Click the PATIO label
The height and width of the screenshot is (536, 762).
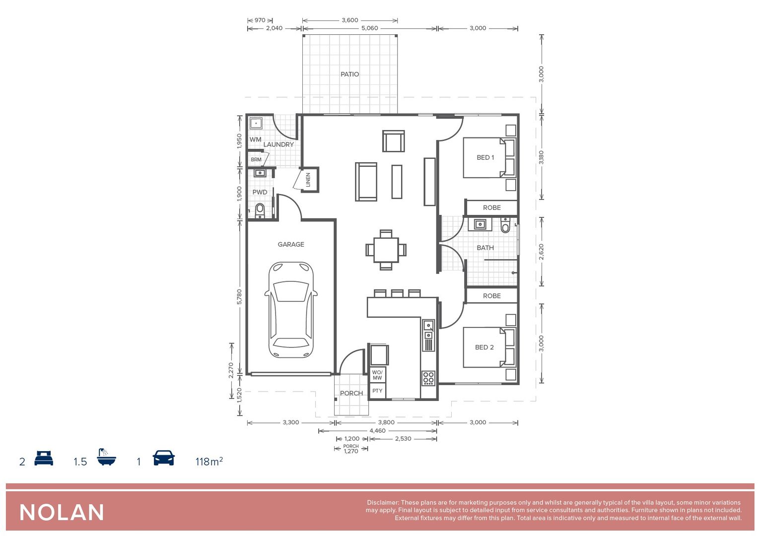tap(349, 74)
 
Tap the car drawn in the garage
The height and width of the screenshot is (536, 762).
tap(291, 310)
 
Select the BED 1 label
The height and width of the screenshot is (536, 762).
tap(485, 158)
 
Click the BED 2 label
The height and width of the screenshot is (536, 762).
tap(484, 347)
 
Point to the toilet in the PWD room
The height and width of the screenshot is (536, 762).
tap(260, 210)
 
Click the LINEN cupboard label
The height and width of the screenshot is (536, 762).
tap(308, 180)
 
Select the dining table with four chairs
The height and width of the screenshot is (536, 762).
tap(386, 250)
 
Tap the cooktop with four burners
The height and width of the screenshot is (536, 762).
tap(428, 378)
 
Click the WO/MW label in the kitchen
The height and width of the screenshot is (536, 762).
tap(377, 375)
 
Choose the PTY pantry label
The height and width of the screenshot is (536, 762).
tap(377, 391)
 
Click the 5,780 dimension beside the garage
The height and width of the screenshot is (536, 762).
tap(239, 297)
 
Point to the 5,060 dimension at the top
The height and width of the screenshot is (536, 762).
tap(369, 28)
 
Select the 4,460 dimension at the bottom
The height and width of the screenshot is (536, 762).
tap(377, 431)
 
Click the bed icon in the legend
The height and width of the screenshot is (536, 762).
tap(44, 458)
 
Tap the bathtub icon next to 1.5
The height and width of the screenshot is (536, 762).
tap(106, 457)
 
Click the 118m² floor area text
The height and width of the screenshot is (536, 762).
tap(209, 462)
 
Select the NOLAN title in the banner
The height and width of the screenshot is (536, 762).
tap(62, 513)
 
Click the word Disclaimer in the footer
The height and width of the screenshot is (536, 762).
tap(382, 503)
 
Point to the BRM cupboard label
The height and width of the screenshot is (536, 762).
tap(256, 160)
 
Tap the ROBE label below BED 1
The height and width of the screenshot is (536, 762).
tap(491, 208)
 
